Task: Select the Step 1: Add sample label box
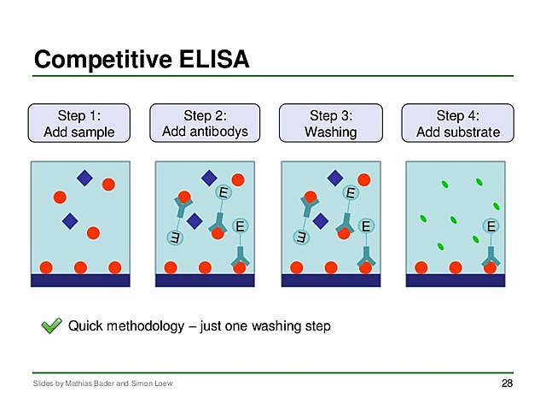tap(79, 123)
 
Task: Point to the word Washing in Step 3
tap(330, 132)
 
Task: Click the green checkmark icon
tap(52, 325)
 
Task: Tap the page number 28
tap(507, 384)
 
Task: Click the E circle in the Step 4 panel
tap(491, 226)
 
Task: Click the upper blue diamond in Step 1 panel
tap(84, 178)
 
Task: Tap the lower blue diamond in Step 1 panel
tap(70, 221)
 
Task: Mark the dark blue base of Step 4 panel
tap(459, 279)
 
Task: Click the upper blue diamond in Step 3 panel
tap(335, 178)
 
